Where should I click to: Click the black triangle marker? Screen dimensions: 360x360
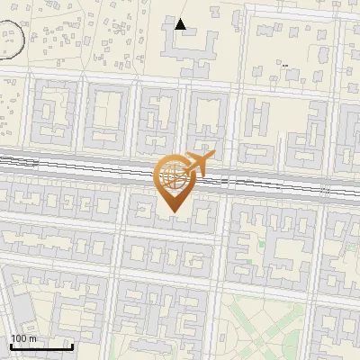(x=181, y=23)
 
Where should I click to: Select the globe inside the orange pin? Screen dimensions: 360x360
(x=171, y=175)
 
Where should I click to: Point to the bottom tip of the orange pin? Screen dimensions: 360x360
(x=172, y=211)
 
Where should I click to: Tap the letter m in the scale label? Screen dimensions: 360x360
(x=32, y=338)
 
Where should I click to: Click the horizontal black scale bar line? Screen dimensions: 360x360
(x=41, y=346)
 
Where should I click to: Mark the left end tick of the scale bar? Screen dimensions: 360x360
(x=11, y=345)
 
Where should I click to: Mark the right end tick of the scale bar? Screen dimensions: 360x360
(x=72, y=345)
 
